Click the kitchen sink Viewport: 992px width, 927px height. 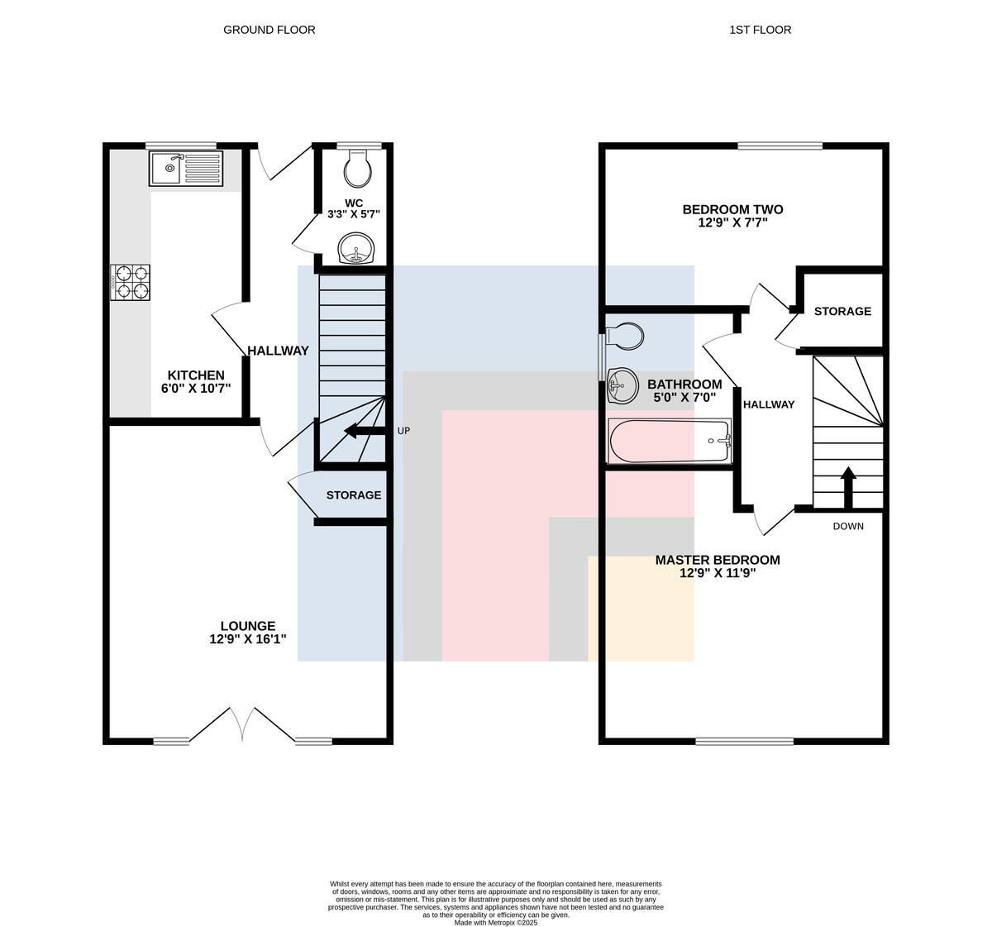click(186, 169)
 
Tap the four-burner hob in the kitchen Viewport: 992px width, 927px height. click(130, 282)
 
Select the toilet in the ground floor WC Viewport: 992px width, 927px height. click(358, 169)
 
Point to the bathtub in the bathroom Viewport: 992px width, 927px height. click(670, 441)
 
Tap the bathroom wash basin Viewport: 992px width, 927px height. click(622, 385)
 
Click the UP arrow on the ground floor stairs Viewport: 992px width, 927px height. click(365, 431)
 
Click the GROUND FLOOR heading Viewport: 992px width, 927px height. click(269, 30)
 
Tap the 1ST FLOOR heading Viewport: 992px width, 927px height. click(761, 30)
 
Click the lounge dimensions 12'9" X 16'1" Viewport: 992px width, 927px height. click(248, 638)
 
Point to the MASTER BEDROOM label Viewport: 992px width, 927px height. click(718, 560)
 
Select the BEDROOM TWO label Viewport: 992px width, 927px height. click(732, 209)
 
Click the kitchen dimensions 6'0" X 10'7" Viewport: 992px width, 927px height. click(196, 388)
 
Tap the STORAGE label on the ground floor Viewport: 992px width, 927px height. click(354, 495)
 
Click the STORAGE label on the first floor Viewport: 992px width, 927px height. click(842, 311)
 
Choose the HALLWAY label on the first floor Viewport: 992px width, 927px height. click(769, 404)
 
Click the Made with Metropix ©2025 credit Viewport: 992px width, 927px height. click(495, 923)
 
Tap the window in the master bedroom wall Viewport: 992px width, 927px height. click(745, 741)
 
